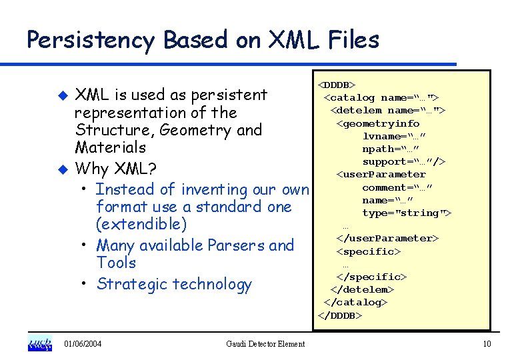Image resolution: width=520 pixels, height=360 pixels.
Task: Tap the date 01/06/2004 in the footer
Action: click(x=83, y=344)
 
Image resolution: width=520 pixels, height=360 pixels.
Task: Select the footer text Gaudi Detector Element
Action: click(x=265, y=344)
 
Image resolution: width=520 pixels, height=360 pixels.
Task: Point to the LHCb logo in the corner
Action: click(x=39, y=343)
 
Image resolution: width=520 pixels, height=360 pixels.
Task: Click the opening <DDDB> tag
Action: click(x=337, y=85)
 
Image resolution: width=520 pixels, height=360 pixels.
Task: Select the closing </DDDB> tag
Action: click(x=339, y=315)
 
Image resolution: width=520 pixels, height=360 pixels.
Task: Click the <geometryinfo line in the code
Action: click(x=378, y=123)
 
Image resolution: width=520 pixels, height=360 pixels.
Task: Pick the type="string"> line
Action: click(x=407, y=213)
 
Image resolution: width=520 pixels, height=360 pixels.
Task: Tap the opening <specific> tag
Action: click(x=369, y=251)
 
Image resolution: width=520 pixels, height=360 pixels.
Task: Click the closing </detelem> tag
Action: click(x=362, y=289)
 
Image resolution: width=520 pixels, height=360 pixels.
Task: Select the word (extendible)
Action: click(x=141, y=224)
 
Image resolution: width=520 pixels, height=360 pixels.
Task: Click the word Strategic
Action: click(x=131, y=284)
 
